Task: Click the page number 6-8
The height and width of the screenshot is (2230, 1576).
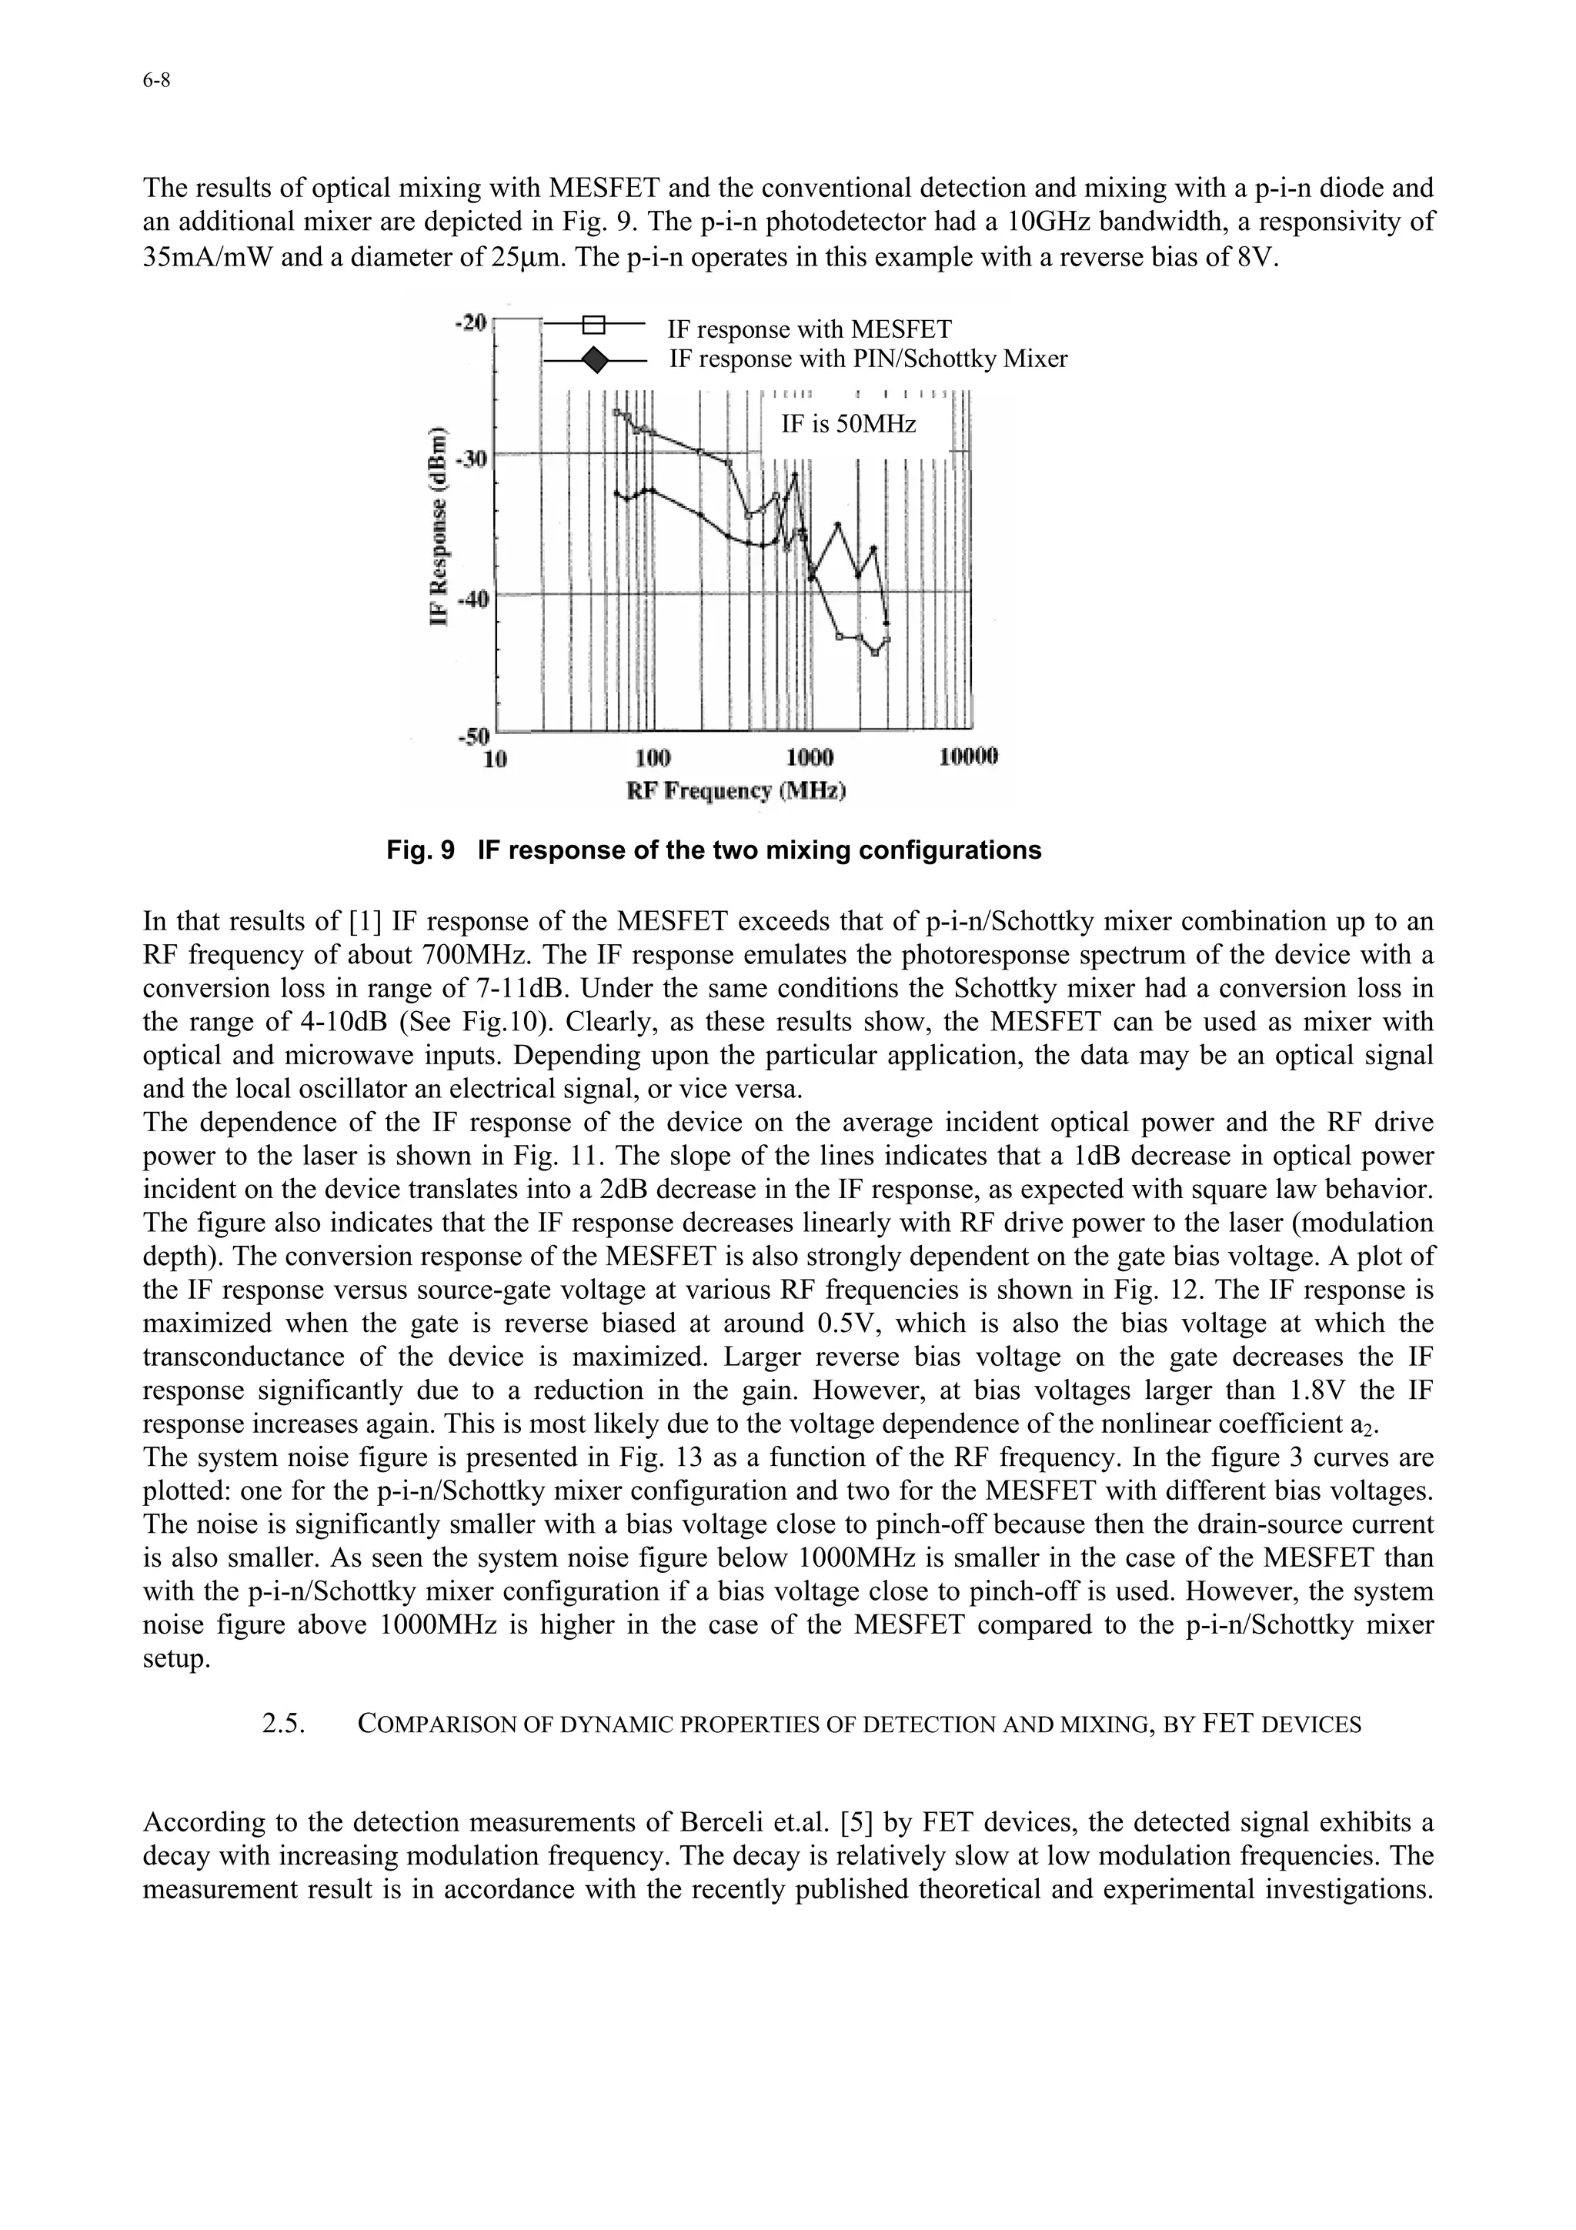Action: [x=155, y=82]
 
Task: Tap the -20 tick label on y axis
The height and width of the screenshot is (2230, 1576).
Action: [x=473, y=322]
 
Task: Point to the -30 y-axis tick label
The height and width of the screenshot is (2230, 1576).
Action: [x=473, y=457]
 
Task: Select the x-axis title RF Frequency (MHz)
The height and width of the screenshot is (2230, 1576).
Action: [x=736, y=790]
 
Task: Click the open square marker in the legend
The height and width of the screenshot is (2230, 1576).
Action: [x=594, y=325]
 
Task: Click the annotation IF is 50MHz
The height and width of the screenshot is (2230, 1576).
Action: [x=849, y=425]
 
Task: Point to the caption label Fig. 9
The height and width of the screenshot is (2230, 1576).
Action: [x=419, y=851]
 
